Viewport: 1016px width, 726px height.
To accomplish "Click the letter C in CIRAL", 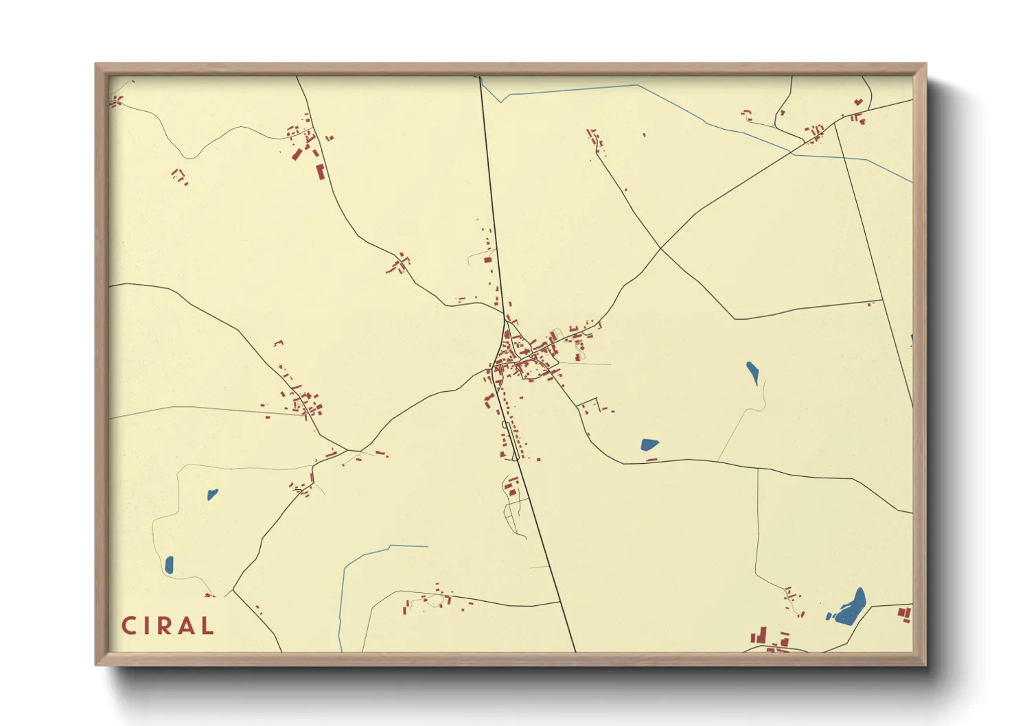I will click(x=128, y=626).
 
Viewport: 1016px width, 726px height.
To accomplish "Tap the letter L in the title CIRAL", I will click(x=207, y=626).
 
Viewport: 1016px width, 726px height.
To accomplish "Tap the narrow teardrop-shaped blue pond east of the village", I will click(x=753, y=373).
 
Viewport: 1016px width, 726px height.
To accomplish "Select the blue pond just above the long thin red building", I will click(x=649, y=445).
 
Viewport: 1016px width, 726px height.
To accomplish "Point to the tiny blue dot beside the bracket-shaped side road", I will click(x=612, y=411).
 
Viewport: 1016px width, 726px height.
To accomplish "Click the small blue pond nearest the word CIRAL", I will click(x=169, y=565).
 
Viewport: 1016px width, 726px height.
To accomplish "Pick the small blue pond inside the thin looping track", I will click(x=212, y=494).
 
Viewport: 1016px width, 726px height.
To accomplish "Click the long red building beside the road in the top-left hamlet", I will click(x=319, y=172).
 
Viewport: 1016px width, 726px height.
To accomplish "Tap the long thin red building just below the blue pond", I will click(x=651, y=460).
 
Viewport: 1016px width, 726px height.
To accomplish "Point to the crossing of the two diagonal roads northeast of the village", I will click(x=660, y=248).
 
